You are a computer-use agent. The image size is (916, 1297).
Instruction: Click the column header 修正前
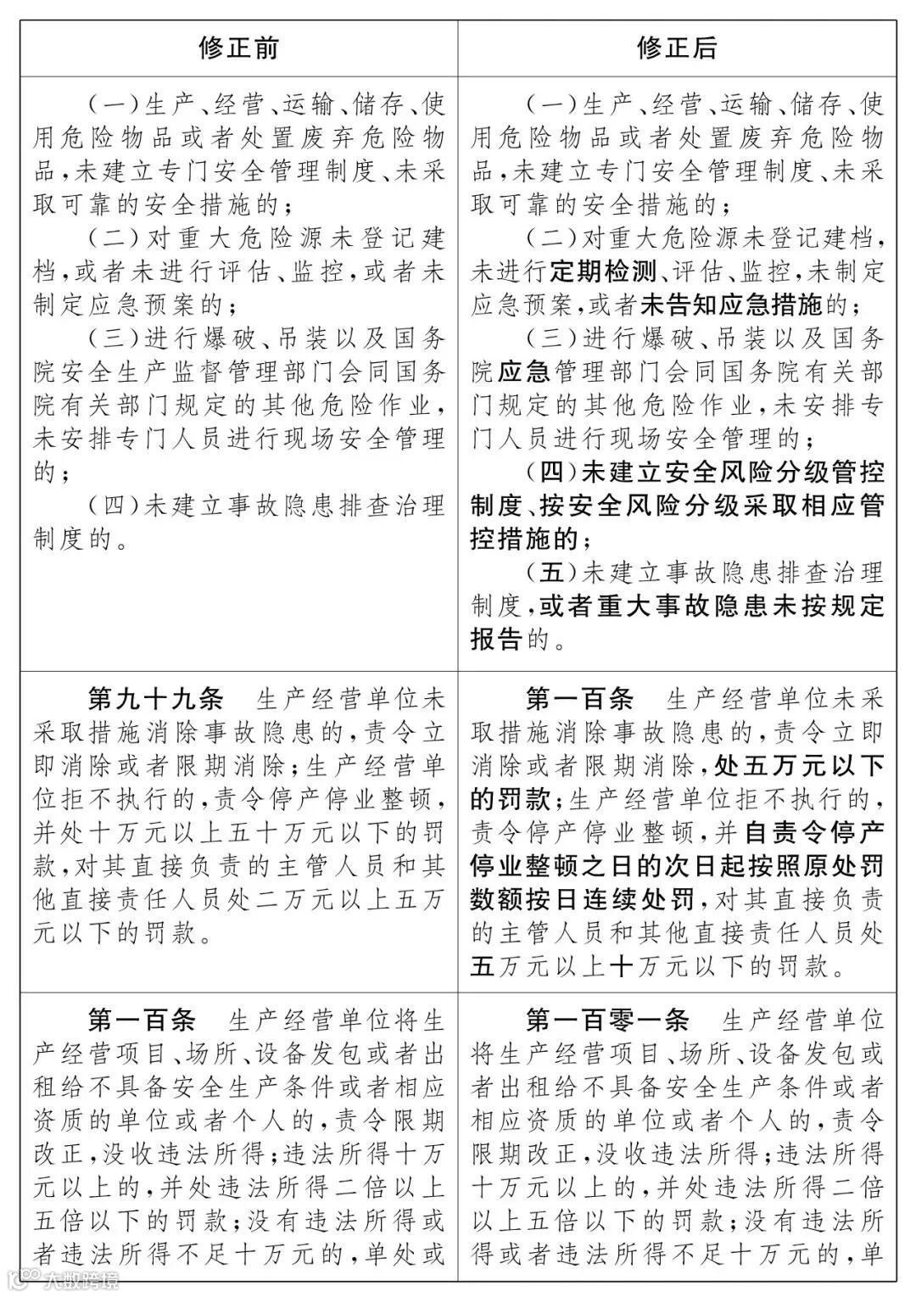[x=238, y=48]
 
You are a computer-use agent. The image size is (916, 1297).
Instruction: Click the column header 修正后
[x=676, y=48]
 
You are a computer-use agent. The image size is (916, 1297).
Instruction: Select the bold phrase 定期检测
[x=604, y=271]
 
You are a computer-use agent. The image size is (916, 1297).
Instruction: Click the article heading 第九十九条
[x=156, y=699]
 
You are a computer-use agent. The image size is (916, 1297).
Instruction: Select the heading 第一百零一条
[x=607, y=1020]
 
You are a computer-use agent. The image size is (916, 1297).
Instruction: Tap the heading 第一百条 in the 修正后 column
[x=580, y=699]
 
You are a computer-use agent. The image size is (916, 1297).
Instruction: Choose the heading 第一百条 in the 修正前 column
[x=142, y=1020]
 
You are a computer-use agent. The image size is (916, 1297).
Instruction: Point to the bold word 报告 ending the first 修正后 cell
[x=496, y=639]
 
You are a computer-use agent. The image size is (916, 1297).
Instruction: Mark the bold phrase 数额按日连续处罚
[x=583, y=899]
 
